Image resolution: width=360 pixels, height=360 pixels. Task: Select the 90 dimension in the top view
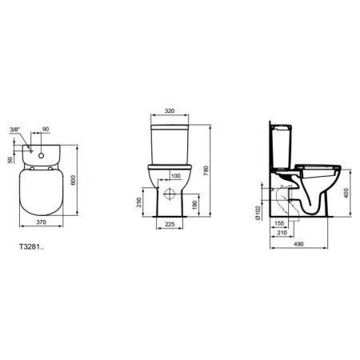46,129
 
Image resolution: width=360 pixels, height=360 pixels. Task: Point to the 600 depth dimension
74,181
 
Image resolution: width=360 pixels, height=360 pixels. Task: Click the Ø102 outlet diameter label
260,210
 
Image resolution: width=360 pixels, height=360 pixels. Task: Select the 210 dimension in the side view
282,233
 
